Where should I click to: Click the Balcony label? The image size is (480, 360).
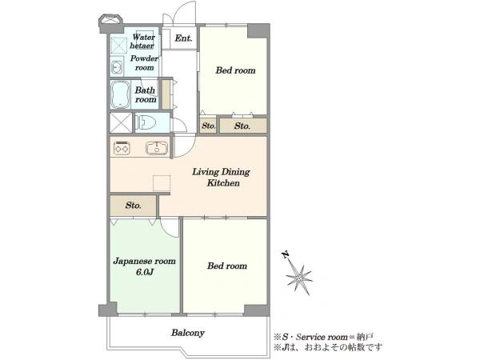(x=188, y=333)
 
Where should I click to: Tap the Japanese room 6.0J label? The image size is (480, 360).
(x=145, y=266)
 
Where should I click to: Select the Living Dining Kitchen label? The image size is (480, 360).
(x=222, y=178)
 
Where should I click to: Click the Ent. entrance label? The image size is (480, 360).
(x=183, y=38)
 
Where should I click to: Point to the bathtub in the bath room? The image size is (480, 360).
(x=120, y=94)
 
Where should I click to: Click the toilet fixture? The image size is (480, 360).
(x=145, y=122)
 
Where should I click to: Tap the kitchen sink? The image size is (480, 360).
(x=157, y=148)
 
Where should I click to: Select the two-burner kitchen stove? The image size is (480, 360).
(x=122, y=148)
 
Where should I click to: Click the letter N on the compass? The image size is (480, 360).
(x=286, y=254)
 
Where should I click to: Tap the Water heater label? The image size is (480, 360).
(x=142, y=42)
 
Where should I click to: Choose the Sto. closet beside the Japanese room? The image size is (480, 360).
(x=133, y=205)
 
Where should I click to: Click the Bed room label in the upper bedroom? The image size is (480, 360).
(x=235, y=70)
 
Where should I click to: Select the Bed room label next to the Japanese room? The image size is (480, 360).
(x=227, y=266)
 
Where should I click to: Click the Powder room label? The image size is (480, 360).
(x=145, y=62)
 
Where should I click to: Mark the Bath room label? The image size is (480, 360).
(x=146, y=94)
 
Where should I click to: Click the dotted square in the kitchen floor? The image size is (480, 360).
(x=162, y=183)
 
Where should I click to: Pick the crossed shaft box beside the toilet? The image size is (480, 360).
(x=122, y=122)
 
